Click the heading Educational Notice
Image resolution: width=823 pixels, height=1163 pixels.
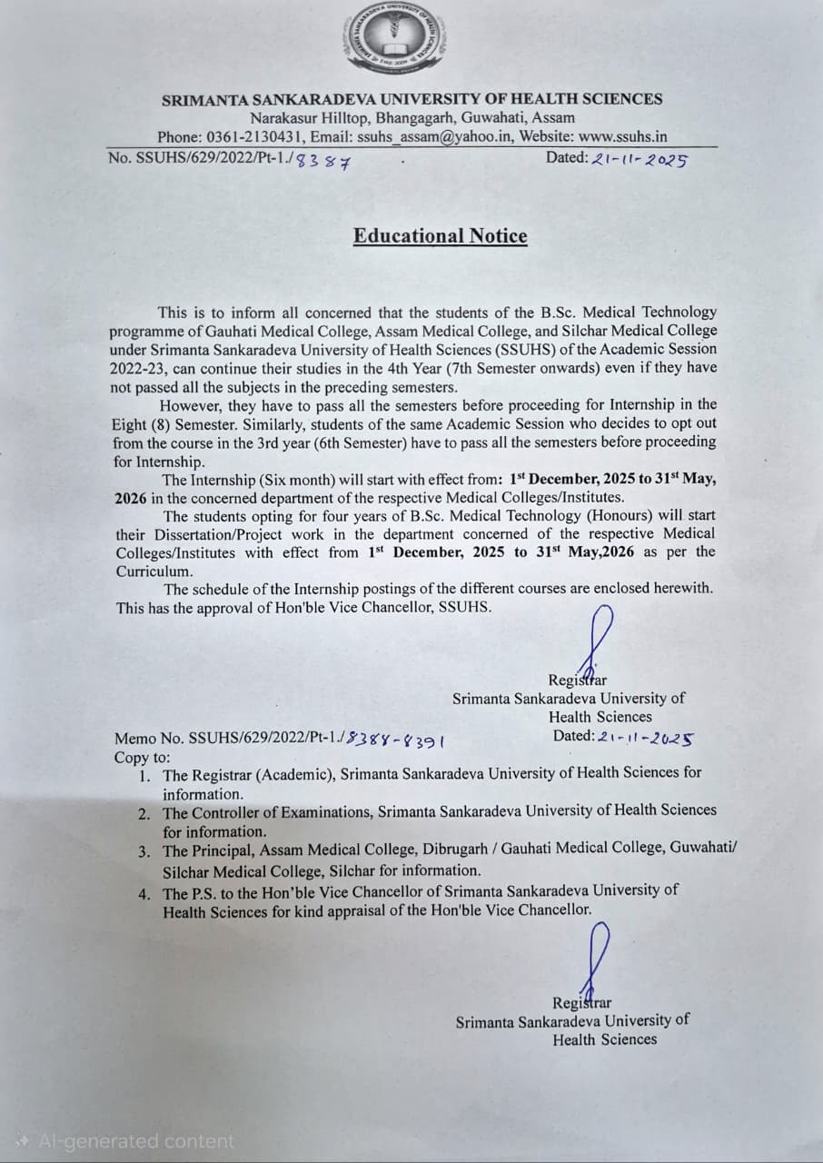coord(440,236)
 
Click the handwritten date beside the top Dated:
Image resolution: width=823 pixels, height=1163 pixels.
coord(639,159)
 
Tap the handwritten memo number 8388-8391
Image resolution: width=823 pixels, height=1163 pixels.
coord(397,740)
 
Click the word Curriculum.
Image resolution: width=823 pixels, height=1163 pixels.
coord(154,572)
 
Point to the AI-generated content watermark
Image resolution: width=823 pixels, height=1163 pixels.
coord(126,1141)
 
